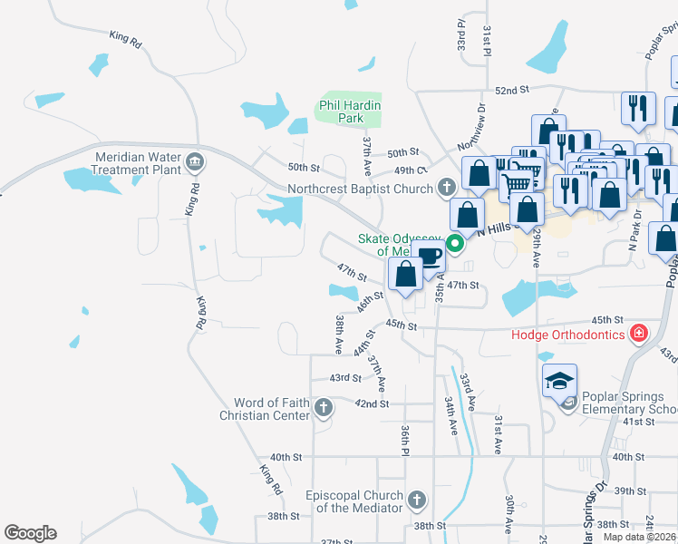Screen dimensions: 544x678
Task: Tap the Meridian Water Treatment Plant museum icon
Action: tap(194, 163)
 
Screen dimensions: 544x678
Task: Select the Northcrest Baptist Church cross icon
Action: tap(445, 189)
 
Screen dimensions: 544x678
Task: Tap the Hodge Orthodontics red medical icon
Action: tap(639, 335)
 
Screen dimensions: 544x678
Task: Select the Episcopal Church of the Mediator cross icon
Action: tap(416, 500)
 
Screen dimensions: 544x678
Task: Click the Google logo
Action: tap(30, 533)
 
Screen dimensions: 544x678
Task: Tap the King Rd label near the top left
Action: tap(125, 39)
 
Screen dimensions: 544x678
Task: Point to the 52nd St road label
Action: tap(511, 91)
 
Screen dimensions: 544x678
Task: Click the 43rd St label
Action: tap(344, 378)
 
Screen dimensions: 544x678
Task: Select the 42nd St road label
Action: tap(372, 403)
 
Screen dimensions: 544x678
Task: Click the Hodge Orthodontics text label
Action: tap(568, 335)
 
